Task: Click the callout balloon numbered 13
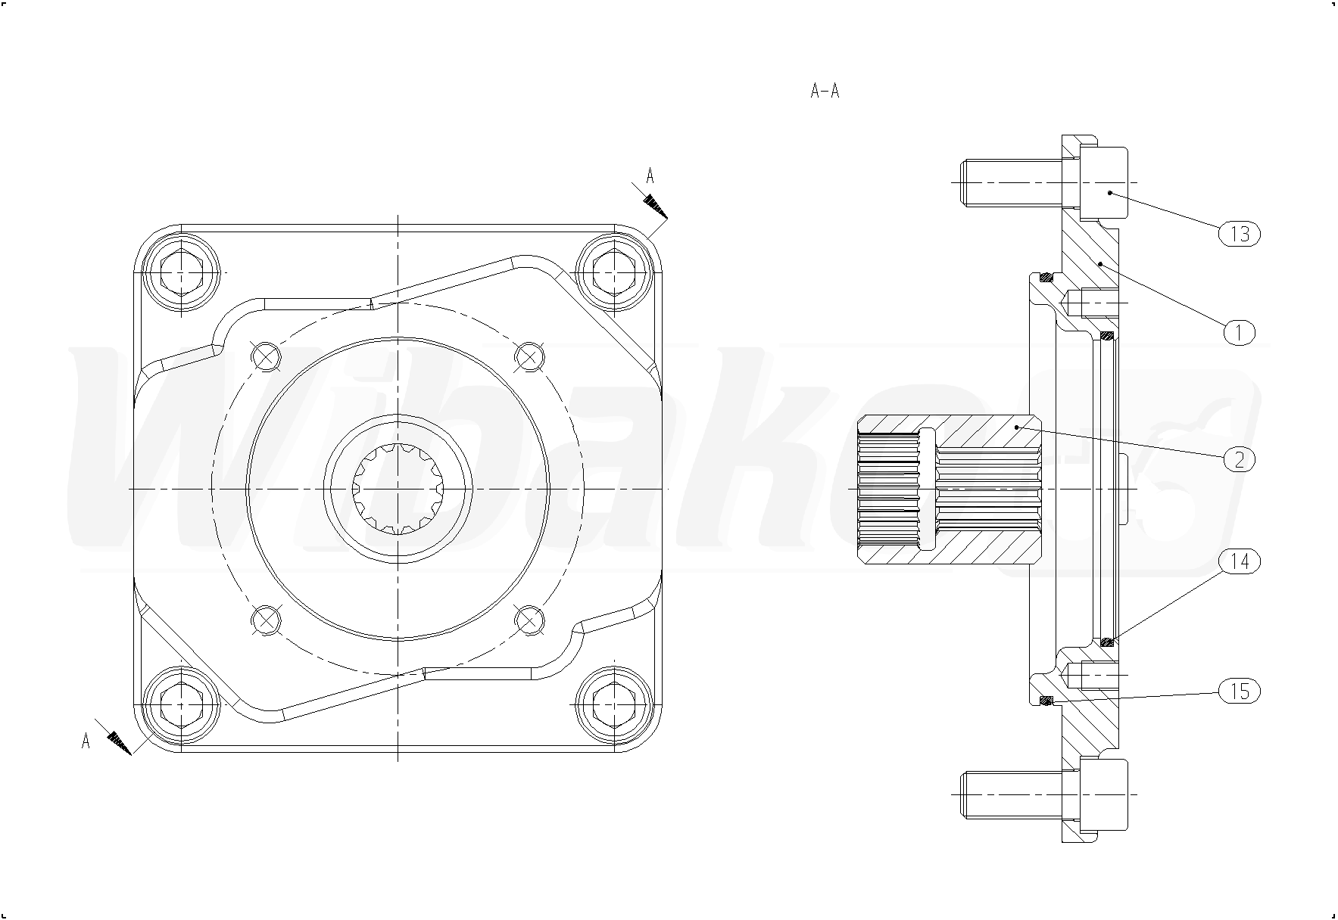point(1239,234)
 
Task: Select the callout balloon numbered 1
point(1239,332)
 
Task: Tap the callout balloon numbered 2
point(1239,458)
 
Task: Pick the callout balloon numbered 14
point(1239,561)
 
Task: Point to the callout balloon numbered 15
point(1239,691)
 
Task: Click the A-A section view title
point(825,92)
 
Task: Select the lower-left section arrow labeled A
point(112,735)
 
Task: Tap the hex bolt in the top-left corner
point(182,271)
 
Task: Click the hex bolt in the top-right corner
point(614,271)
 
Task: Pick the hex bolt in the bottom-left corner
point(182,704)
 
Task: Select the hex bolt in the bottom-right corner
point(614,704)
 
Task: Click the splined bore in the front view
point(398,490)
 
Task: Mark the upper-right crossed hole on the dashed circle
point(529,354)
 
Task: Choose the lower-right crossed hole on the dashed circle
point(529,620)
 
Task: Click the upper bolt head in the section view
point(1102,182)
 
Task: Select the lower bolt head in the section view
point(1102,794)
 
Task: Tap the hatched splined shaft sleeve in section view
point(950,490)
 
